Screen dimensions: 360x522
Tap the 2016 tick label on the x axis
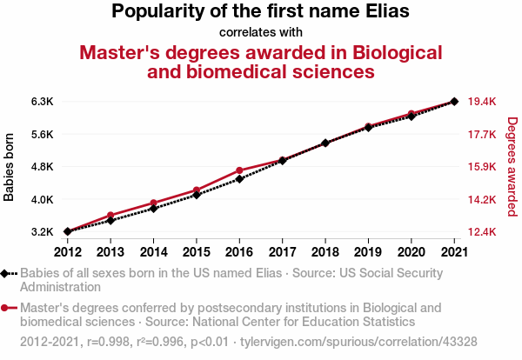click(239, 252)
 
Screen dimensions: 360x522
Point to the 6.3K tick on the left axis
click(42, 102)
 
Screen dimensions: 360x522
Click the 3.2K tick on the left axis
click(42, 232)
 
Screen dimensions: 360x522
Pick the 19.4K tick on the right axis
click(482, 102)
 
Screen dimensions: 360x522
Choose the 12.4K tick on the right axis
click(482, 232)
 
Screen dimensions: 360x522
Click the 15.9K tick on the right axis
click(482, 167)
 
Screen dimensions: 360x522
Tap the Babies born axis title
click(10, 167)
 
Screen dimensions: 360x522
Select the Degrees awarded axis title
click(512, 167)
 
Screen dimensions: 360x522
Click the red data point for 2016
click(239, 170)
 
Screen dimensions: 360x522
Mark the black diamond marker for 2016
click(239, 179)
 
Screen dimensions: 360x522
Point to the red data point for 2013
click(110, 215)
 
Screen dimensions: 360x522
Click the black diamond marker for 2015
click(197, 195)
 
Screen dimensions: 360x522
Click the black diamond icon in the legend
click(6, 273)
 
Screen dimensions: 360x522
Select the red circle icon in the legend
click(6, 308)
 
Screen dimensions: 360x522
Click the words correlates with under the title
click(261, 33)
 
